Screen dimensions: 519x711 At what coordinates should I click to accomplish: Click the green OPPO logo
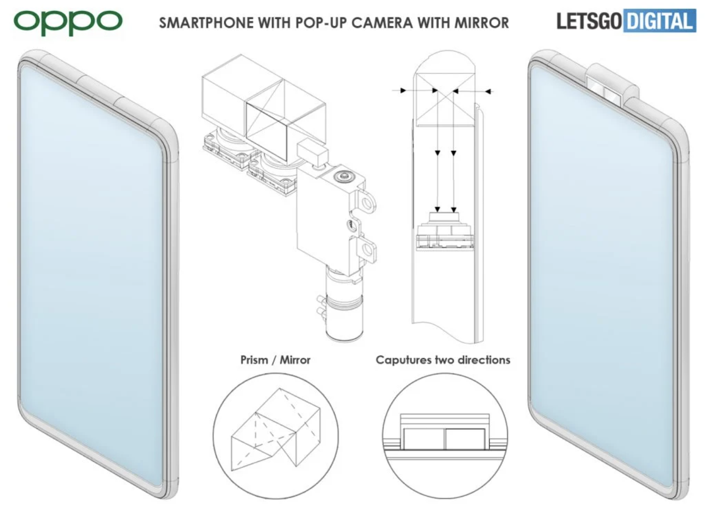(x=68, y=22)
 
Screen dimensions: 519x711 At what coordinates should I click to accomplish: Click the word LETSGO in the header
(x=589, y=22)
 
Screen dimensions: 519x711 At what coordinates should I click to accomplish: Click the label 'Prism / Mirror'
(x=275, y=360)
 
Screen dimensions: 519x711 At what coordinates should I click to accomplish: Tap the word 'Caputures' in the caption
(x=403, y=360)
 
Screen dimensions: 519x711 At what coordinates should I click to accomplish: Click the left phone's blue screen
(x=92, y=275)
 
